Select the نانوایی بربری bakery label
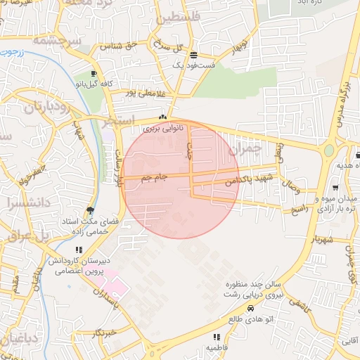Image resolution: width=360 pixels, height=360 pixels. [x=162, y=129]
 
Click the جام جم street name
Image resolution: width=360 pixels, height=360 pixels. [x=153, y=178]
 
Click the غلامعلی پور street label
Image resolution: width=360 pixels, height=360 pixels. [x=144, y=92]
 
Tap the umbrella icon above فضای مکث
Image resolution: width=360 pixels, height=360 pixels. [x=89, y=210]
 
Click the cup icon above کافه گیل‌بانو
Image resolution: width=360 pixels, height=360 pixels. [x=94, y=73]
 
